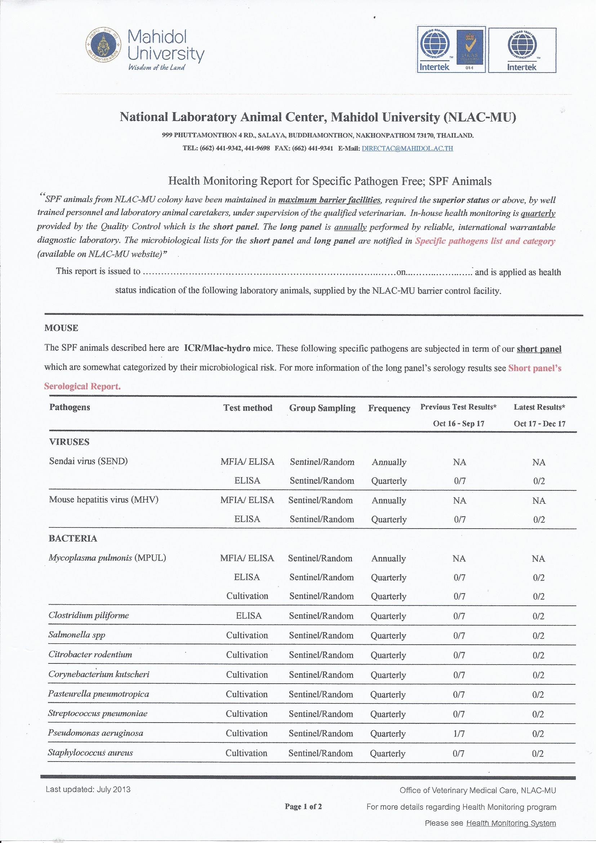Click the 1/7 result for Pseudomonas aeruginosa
point(459,734)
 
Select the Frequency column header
point(389,408)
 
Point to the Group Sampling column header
point(322,408)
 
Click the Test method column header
point(248,407)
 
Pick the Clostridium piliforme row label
point(89,615)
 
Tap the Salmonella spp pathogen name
point(77,635)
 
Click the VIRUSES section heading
point(69,442)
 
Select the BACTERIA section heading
point(73,539)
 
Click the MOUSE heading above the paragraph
point(61,328)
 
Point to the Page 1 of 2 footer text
point(303,807)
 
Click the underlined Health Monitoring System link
point(511,823)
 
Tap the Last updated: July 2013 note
point(88,789)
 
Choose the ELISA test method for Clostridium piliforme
point(249,616)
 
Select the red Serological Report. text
point(82,386)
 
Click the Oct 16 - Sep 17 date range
point(458,423)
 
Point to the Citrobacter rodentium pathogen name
point(90,654)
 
